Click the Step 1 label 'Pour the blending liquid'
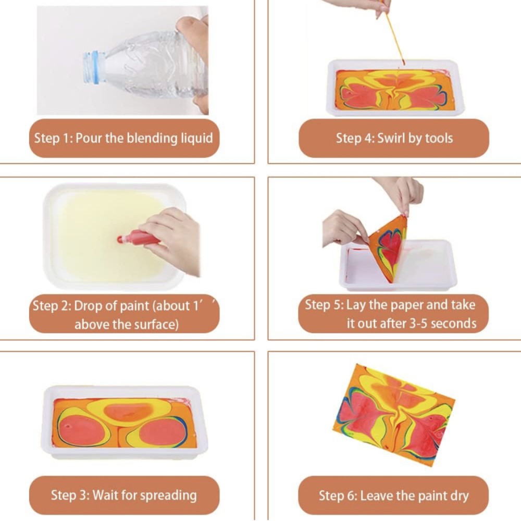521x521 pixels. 144,138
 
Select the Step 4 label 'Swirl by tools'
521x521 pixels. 415,138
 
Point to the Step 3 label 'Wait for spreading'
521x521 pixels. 144,495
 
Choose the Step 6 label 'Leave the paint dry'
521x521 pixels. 414,496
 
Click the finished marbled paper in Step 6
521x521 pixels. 394,415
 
